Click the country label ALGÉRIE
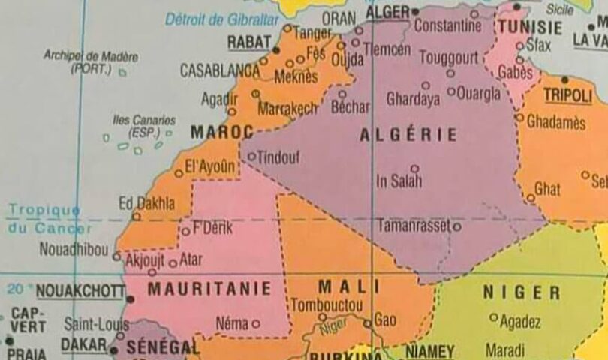[408, 135]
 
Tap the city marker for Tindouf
[251, 157]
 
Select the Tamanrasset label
[414, 225]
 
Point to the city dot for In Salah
[414, 169]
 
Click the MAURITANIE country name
[209, 288]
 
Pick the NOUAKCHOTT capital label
[79, 292]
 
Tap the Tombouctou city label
[327, 305]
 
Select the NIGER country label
[521, 292]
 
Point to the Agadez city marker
[493, 317]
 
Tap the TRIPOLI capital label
[568, 95]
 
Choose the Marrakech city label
[288, 109]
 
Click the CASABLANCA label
[219, 70]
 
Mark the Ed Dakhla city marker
[136, 217]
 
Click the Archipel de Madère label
[91, 61]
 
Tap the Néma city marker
[256, 324]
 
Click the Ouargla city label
[478, 93]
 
